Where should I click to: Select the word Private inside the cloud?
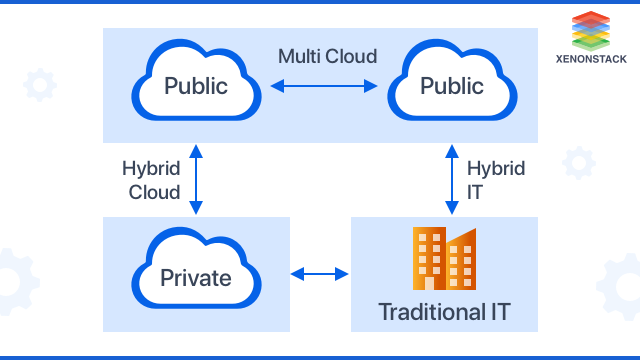coord(197,277)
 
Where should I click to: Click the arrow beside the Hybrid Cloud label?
coord(197,180)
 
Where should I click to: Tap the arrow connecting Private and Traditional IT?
coord(320,273)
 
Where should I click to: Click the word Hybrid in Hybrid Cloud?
coord(150,168)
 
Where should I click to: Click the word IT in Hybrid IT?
coord(475,192)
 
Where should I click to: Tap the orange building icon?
coord(444,258)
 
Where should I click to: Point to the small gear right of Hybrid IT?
coord(578,163)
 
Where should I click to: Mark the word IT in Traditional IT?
coord(496,311)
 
